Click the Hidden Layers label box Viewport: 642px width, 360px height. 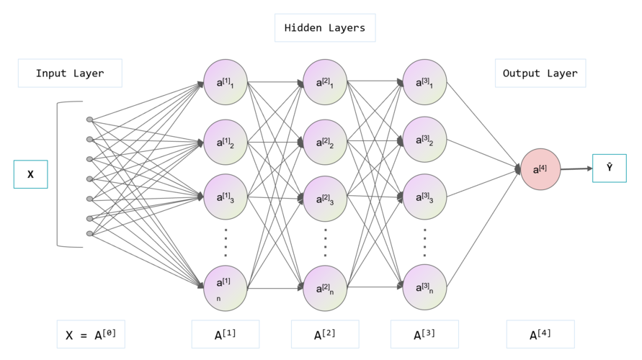325,28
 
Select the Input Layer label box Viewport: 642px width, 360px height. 70,73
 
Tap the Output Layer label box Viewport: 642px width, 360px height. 540,73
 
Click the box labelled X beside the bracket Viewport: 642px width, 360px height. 31,174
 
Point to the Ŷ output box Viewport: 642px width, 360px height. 610,168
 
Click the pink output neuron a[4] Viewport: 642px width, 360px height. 540,169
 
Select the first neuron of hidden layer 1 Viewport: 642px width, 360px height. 226,82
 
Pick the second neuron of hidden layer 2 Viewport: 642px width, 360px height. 325,143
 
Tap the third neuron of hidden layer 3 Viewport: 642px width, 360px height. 424,197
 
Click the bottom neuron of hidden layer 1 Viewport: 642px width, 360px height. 226,289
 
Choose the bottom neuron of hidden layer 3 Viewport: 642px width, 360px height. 424,287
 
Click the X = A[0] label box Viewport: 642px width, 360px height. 91,334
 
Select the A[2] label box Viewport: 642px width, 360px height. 325,334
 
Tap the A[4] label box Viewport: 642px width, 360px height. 540,334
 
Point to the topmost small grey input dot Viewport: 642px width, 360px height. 89,120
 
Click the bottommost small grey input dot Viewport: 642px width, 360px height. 89,233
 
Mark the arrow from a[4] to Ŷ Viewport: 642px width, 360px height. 576,168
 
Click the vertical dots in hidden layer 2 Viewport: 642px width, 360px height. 326,243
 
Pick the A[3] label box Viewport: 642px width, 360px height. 424,334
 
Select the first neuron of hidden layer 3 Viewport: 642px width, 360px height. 424,82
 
